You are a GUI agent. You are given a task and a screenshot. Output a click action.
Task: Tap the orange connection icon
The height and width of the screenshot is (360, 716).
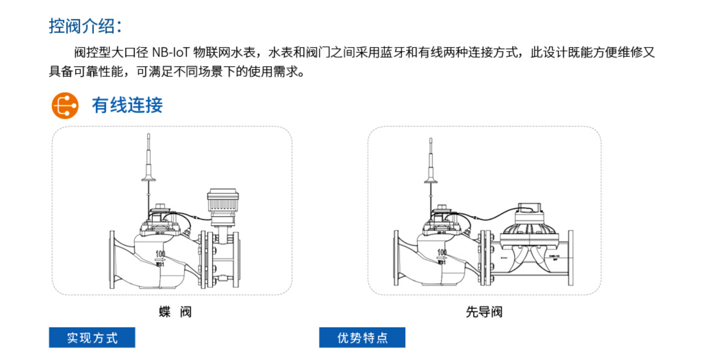tap(65, 105)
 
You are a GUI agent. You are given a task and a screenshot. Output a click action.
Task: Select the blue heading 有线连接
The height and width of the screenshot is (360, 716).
tap(127, 105)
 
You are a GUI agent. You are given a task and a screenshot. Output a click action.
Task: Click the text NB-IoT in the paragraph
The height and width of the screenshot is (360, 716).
tap(171, 52)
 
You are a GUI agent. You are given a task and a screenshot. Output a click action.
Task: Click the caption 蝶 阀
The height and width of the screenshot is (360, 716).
tap(175, 312)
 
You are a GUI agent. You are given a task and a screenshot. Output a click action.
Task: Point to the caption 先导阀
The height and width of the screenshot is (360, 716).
tap(484, 312)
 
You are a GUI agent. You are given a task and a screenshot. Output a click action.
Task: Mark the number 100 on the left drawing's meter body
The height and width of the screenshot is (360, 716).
tap(160, 254)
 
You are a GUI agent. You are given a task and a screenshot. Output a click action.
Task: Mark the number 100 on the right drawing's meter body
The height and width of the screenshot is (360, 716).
tap(442, 252)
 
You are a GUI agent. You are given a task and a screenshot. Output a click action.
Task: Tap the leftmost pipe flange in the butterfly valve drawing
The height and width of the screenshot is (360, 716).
tap(112, 259)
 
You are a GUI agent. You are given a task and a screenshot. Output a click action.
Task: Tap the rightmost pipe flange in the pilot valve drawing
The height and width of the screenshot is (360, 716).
tap(570, 258)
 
